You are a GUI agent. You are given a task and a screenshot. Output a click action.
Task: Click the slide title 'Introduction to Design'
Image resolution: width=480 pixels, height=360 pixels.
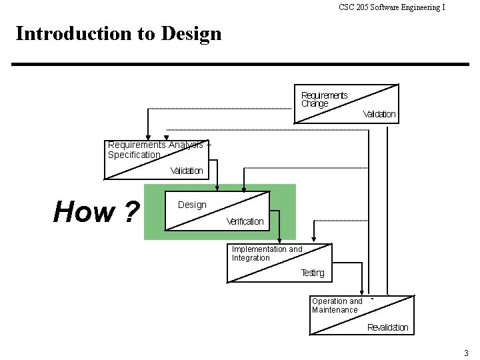click(118, 33)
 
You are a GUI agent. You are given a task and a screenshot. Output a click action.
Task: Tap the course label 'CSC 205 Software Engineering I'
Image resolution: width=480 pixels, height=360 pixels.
click(391, 7)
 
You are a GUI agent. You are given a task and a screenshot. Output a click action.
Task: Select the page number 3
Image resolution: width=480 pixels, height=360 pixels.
click(466, 352)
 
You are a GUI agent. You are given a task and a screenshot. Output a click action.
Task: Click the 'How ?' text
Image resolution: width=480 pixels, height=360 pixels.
click(96, 212)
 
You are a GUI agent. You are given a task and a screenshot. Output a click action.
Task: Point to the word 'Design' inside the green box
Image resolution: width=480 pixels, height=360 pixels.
click(192, 205)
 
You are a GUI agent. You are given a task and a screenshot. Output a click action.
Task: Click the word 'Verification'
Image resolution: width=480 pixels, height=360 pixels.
click(245, 221)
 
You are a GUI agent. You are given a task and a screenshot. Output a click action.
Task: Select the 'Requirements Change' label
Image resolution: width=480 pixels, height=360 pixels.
click(323, 99)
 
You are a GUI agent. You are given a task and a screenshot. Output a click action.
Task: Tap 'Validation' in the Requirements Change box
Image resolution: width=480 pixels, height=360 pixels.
click(379, 114)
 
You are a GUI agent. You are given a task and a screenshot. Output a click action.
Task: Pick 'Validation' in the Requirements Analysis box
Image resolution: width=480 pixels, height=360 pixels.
click(186, 171)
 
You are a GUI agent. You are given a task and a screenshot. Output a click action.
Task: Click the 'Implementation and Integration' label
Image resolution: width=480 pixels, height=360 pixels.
click(267, 253)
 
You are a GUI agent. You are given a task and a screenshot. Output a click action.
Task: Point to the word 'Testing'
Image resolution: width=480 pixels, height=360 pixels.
click(312, 273)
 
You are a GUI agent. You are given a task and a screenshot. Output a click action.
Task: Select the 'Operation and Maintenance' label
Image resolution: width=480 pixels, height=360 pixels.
click(337, 305)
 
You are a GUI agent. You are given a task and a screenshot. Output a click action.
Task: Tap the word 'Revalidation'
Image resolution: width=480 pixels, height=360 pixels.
click(387, 327)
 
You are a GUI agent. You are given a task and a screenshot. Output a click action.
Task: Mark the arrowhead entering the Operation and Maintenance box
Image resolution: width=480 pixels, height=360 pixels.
click(361, 291)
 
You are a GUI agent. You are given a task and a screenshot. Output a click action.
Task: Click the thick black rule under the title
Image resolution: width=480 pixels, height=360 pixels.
click(240, 64)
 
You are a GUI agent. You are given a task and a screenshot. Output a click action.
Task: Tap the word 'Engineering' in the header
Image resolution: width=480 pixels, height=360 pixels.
click(421, 7)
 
